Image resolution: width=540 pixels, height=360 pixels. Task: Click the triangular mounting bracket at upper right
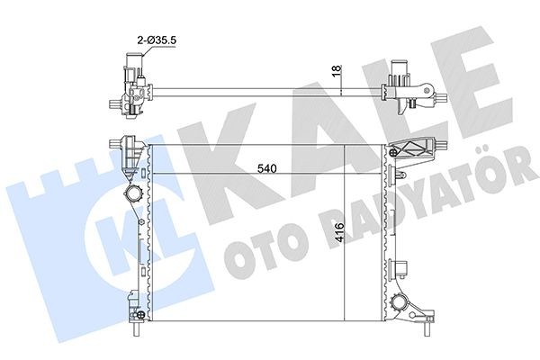[416, 150]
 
